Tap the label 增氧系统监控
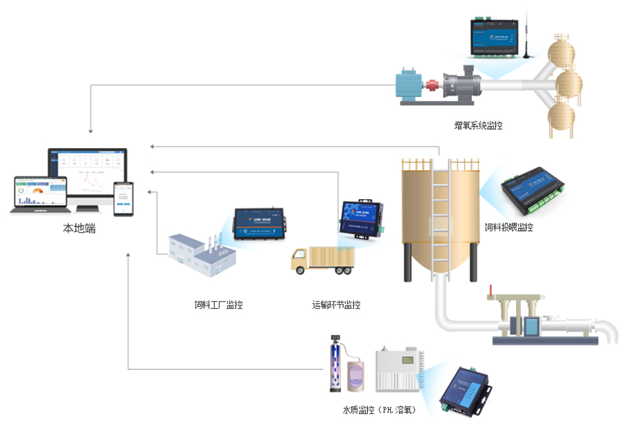pyautogui.click(x=478, y=125)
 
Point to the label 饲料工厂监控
pyautogui.click(x=218, y=305)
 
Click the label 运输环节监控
pyautogui.click(x=336, y=305)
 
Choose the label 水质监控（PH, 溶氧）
pyautogui.click(x=379, y=410)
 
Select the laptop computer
pyautogui.click(x=39, y=195)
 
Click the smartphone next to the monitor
pyautogui.click(x=123, y=198)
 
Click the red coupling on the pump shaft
pyautogui.click(x=433, y=87)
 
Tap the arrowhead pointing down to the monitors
pyautogui.click(x=90, y=131)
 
